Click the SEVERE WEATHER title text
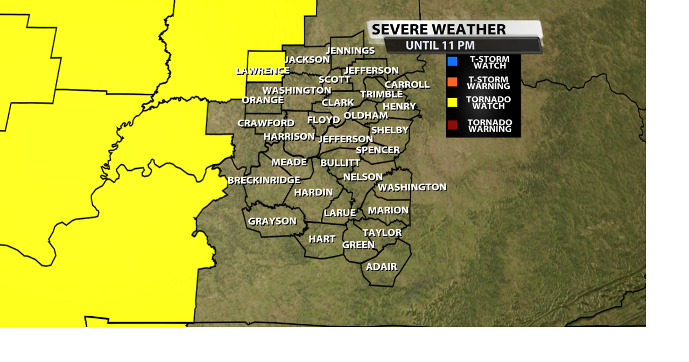click(x=439, y=29)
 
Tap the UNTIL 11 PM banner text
click(x=440, y=45)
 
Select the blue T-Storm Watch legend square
click(x=452, y=61)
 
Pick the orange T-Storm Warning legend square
click(x=452, y=82)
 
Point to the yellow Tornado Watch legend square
click(x=452, y=102)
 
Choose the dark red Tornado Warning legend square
click(x=452, y=125)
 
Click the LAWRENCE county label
click(x=263, y=71)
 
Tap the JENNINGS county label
click(x=350, y=51)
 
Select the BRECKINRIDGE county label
click(x=264, y=180)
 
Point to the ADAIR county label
click(x=382, y=267)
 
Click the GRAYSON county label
click(x=272, y=221)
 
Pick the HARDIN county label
click(x=314, y=192)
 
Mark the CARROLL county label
click(x=407, y=85)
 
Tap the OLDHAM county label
click(x=365, y=115)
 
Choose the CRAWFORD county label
click(x=266, y=123)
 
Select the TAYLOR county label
click(x=382, y=233)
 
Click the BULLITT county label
click(x=340, y=163)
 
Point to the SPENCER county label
click(x=378, y=150)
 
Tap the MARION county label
click(x=388, y=210)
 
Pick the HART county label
click(x=322, y=239)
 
